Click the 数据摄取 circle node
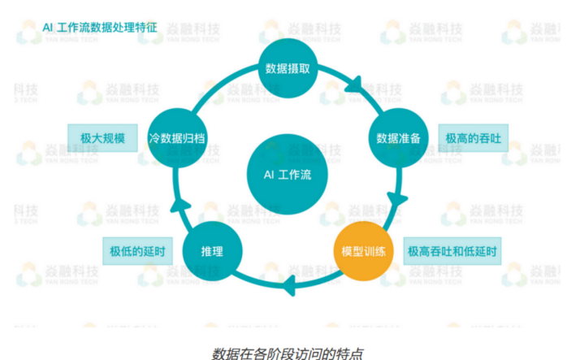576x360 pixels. (x=288, y=67)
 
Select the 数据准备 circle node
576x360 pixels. (x=397, y=138)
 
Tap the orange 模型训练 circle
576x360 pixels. (x=364, y=251)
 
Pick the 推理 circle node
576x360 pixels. (x=212, y=251)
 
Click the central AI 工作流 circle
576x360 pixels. (x=288, y=174)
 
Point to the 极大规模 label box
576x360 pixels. (x=102, y=138)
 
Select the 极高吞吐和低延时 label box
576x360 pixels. (x=453, y=251)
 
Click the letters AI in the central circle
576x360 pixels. (x=270, y=174)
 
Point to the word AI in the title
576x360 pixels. (x=48, y=27)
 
